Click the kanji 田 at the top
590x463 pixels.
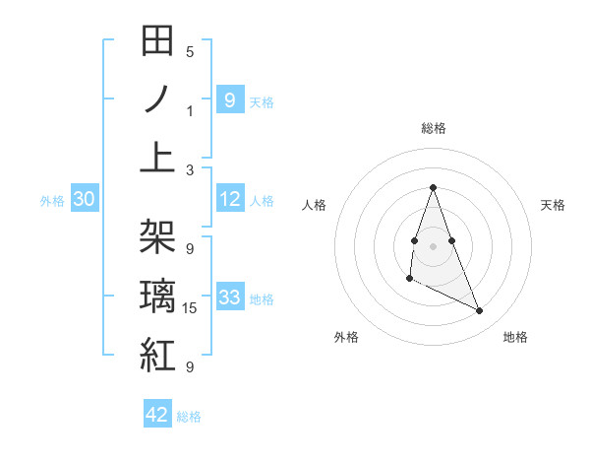157,41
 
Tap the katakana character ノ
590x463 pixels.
157,99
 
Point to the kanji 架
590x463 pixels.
157,237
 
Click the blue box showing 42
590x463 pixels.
157,415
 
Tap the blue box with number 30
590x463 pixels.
84,199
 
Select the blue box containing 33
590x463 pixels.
230,298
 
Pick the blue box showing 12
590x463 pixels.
230,199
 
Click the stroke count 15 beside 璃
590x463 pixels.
191,308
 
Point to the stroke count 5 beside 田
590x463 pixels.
190,52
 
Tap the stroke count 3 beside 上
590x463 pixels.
190,170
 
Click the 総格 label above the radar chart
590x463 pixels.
434,128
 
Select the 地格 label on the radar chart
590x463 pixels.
515,337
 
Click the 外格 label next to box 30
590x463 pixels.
52,201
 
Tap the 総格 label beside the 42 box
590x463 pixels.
189,417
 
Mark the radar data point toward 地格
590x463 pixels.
480,311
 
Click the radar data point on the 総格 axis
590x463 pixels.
433,187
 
